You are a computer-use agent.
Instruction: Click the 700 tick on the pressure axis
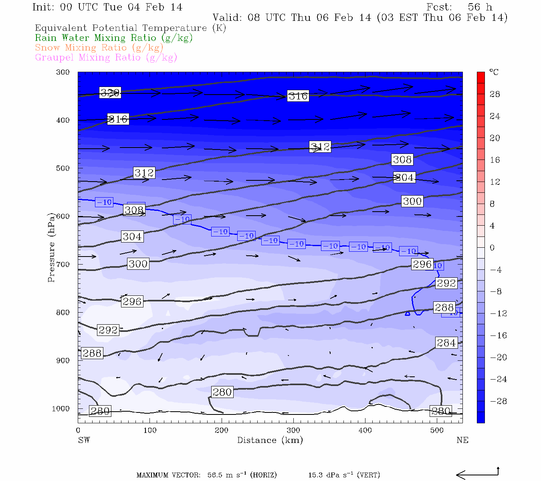click(63, 265)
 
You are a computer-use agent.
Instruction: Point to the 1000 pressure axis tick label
click(61, 409)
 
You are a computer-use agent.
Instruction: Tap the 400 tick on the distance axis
click(365, 430)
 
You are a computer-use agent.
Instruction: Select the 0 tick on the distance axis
click(78, 430)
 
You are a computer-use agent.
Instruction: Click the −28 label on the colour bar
click(499, 401)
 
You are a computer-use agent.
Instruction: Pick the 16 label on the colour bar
click(495, 160)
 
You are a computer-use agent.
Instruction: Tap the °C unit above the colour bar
click(494, 72)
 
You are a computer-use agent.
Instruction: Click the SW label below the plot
click(84, 440)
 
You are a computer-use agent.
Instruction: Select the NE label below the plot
click(462, 440)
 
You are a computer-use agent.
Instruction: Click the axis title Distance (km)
click(270, 440)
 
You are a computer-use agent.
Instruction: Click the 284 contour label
click(446, 343)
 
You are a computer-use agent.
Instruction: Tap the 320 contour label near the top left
click(110, 93)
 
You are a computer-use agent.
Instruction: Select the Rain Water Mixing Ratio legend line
click(114, 38)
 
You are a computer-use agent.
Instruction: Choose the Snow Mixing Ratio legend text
click(99, 48)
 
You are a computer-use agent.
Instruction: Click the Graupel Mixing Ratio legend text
click(106, 57)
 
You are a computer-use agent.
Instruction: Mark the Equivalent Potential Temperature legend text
click(130, 28)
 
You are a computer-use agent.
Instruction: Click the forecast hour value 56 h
click(480, 7)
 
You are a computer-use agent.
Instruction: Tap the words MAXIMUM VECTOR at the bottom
click(168, 475)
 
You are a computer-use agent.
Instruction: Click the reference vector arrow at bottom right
click(477, 475)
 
